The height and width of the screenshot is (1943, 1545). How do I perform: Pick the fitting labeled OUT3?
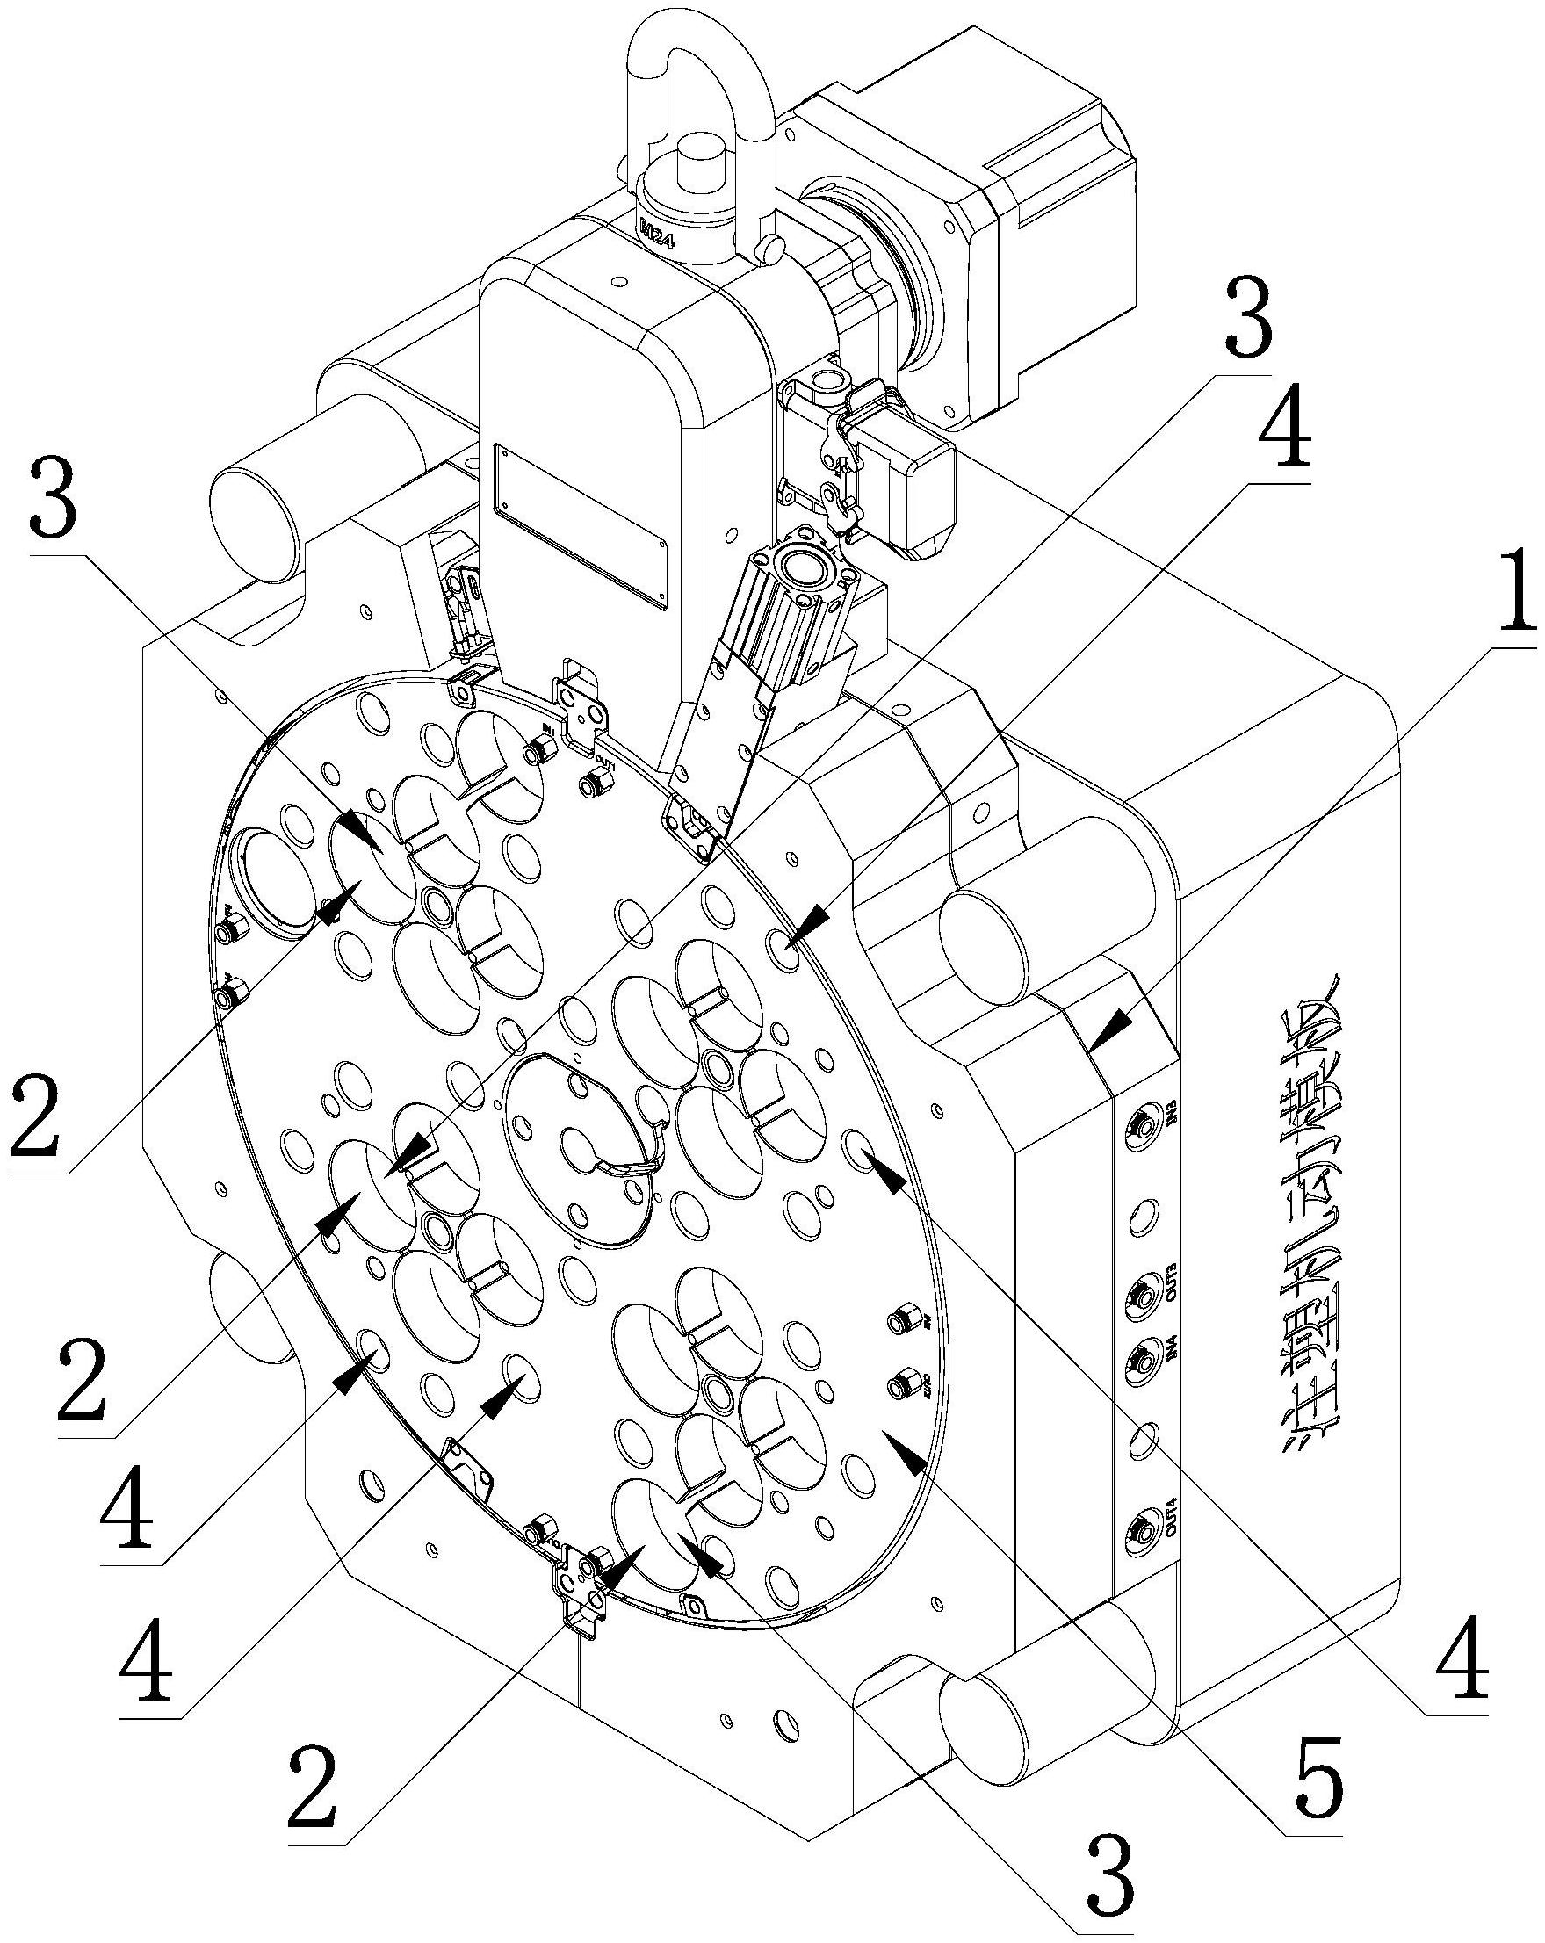1140,1297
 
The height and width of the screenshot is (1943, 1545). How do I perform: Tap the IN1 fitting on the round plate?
544,749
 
